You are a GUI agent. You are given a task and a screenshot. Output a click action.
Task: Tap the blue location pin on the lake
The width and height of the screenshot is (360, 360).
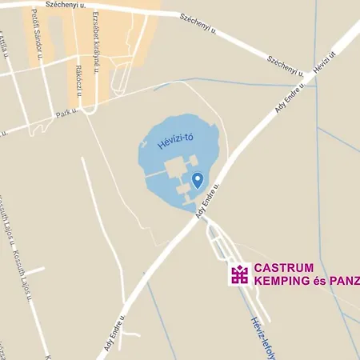(x=198, y=180)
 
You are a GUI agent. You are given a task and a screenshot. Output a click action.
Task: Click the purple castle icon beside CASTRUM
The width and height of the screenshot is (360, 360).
(x=238, y=274)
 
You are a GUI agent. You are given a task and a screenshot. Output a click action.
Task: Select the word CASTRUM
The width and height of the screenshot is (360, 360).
(x=284, y=268)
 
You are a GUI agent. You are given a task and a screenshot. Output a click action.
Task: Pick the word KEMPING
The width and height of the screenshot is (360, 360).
(x=279, y=281)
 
